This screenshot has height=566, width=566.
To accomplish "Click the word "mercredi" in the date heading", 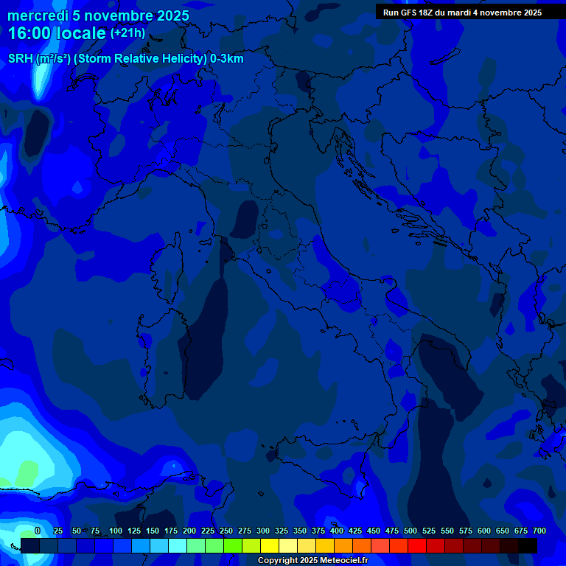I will [x=38, y=15].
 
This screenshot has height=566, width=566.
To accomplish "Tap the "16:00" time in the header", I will [x=29, y=34].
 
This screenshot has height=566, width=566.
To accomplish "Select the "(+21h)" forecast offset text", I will [x=127, y=33].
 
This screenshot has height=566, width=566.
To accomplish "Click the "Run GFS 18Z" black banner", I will [x=462, y=12].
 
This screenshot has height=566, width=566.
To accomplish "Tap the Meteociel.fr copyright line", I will [x=312, y=561].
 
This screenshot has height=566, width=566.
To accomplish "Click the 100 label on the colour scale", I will [x=116, y=531].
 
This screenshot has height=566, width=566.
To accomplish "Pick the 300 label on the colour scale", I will [x=263, y=531].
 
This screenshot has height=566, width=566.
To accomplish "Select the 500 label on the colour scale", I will [x=410, y=531].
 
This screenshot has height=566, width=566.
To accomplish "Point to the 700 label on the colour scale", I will [x=539, y=531].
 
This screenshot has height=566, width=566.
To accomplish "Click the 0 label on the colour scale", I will [x=38, y=531].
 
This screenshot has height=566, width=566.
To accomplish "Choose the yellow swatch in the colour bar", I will [x=270, y=545].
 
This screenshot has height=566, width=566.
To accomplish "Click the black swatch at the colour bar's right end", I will [x=528, y=545].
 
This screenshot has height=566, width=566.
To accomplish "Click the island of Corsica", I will [x=165, y=269].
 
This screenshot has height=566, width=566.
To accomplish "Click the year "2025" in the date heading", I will [x=173, y=15].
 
